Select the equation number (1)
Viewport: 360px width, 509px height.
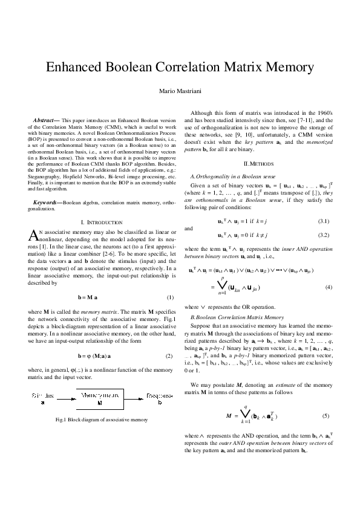click(x=170, y=298)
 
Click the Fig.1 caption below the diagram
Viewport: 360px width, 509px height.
click(x=100, y=420)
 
